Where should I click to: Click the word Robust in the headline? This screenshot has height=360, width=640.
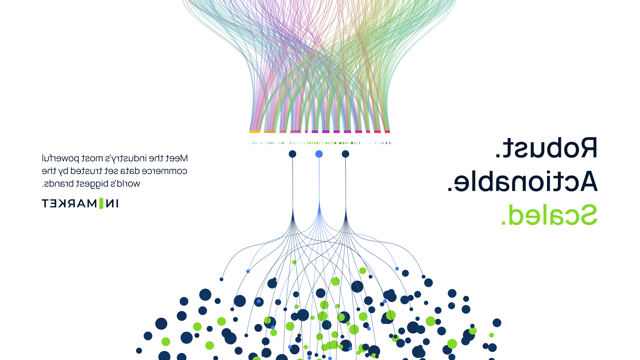tap(550, 148)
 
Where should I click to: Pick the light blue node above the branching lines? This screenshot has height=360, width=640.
tap(319, 154)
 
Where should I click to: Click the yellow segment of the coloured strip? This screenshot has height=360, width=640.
tap(255, 132)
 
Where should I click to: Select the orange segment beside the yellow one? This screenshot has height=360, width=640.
tap(270, 132)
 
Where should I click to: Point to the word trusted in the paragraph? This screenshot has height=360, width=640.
tap(86, 171)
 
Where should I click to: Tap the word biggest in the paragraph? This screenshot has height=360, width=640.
tap(92, 184)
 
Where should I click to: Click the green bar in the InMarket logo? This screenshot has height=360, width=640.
tap(101, 203)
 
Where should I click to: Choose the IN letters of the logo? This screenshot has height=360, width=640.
tap(112, 203)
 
